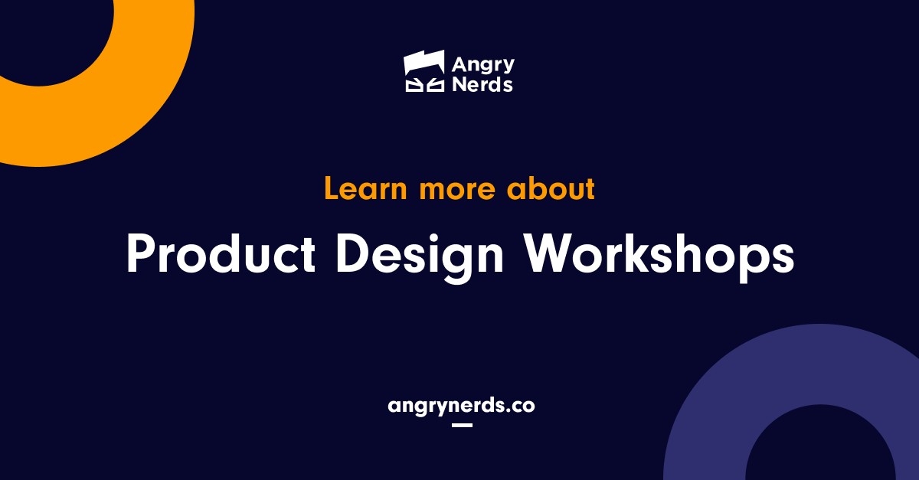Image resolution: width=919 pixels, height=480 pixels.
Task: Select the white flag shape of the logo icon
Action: coord(424,63)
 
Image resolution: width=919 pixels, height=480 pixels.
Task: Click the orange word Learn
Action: coord(365,188)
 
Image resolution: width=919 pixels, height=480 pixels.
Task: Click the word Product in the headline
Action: coord(221,255)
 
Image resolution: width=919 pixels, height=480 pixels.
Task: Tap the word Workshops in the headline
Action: coord(659,255)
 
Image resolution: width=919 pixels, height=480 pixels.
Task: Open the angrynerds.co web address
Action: coord(461,406)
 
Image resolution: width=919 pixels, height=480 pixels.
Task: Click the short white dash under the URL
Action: coord(462,424)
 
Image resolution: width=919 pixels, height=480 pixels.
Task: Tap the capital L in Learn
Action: coord(332,188)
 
